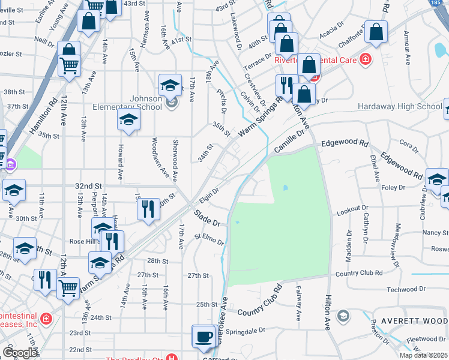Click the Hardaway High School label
point(400,106)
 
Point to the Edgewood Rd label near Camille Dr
point(345,144)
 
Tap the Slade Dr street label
point(208,217)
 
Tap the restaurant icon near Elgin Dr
point(148,209)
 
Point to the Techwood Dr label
point(423,289)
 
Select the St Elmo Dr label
point(209,240)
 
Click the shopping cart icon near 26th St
point(68,288)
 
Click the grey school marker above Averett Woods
point(343,316)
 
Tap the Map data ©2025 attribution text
point(423,355)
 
